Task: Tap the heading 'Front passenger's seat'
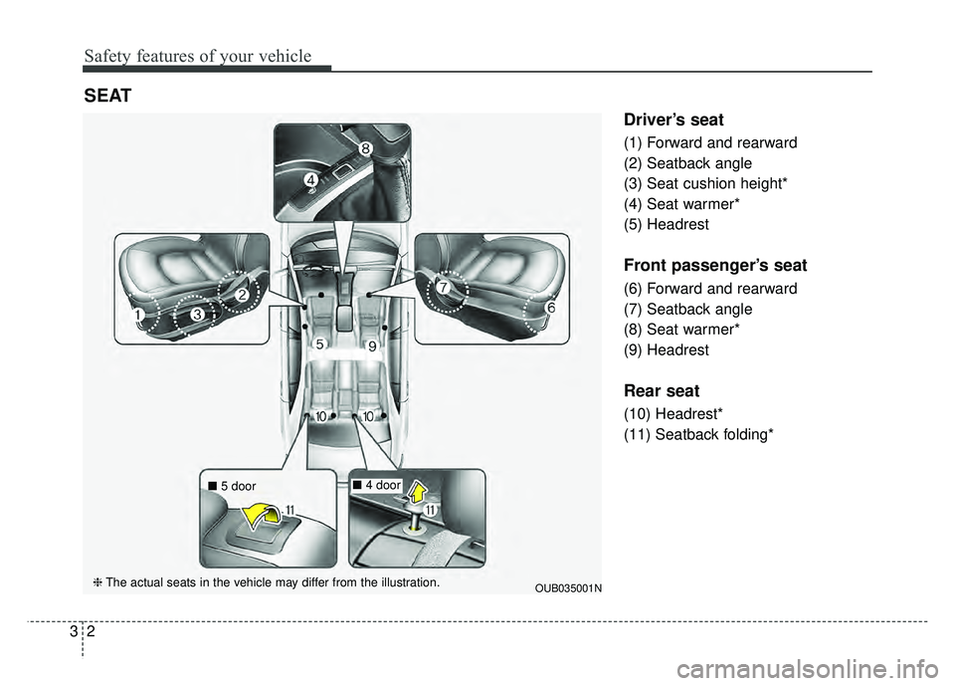pyautogui.click(x=715, y=266)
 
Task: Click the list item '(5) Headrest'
pyautogui.click(x=666, y=225)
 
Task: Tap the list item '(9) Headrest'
pyautogui.click(x=666, y=350)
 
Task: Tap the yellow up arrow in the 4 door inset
pyautogui.click(x=418, y=493)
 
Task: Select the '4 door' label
pyautogui.click(x=382, y=485)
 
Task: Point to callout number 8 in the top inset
pyautogui.click(x=366, y=148)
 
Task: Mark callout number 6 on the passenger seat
pyautogui.click(x=550, y=310)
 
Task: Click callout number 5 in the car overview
pyautogui.click(x=319, y=343)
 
